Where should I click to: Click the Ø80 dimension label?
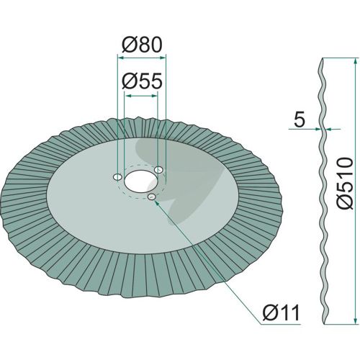[142, 45]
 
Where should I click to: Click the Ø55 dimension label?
[142, 81]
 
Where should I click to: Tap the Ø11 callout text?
[281, 312]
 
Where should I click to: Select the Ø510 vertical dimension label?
[345, 183]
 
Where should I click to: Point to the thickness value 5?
[300, 119]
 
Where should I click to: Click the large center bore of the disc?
[140, 181]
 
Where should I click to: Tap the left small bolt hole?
[117, 177]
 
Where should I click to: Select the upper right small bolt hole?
[158, 170]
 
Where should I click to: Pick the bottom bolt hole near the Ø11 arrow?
[152, 197]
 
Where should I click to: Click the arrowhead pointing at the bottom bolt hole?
[157, 203]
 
